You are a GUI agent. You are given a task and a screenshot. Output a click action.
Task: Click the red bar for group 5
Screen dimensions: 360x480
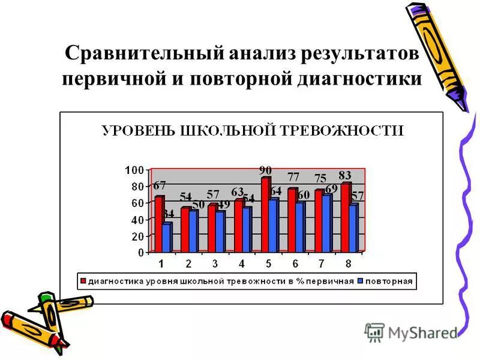tap(265, 215)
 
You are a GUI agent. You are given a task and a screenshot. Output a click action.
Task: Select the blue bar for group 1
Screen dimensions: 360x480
tap(167, 237)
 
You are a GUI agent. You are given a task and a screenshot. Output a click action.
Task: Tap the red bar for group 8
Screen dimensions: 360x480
tap(346, 217)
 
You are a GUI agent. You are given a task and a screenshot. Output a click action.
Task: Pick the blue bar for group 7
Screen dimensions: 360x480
tap(326, 222)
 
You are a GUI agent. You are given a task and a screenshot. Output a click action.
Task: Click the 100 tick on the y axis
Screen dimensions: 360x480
tap(134, 170)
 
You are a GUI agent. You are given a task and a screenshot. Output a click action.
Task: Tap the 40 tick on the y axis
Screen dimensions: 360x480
tap(137, 220)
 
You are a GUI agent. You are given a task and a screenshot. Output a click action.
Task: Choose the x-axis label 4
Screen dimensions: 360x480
tap(242, 263)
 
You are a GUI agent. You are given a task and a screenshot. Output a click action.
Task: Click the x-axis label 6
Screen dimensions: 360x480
tap(295, 263)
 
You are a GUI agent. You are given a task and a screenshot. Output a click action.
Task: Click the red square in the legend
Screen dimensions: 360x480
tap(83, 281)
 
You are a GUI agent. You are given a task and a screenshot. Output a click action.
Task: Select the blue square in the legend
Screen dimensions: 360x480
tap(359, 281)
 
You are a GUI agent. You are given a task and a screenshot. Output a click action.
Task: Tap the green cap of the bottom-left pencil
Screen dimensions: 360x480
tap(46, 298)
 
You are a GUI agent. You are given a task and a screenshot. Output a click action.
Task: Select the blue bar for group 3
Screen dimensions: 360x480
tap(220, 231)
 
